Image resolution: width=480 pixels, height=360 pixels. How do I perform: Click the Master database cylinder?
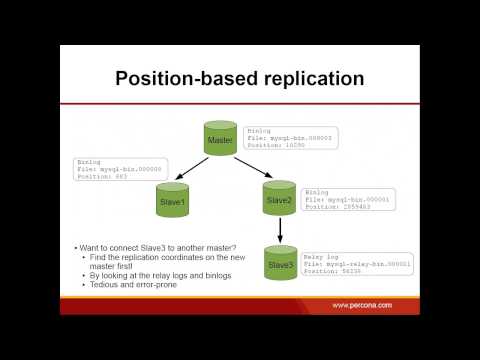click(x=221, y=140)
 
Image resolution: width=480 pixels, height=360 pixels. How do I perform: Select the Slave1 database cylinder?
click(x=173, y=197)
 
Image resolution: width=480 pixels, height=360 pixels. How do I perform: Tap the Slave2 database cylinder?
click(x=280, y=197)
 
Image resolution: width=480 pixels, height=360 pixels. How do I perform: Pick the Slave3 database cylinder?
click(x=280, y=263)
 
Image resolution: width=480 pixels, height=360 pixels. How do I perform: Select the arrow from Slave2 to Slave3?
click(x=280, y=231)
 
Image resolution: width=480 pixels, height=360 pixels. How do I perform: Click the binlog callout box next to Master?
click(x=289, y=137)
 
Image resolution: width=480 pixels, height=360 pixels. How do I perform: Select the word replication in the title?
click(x=309, y=79)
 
